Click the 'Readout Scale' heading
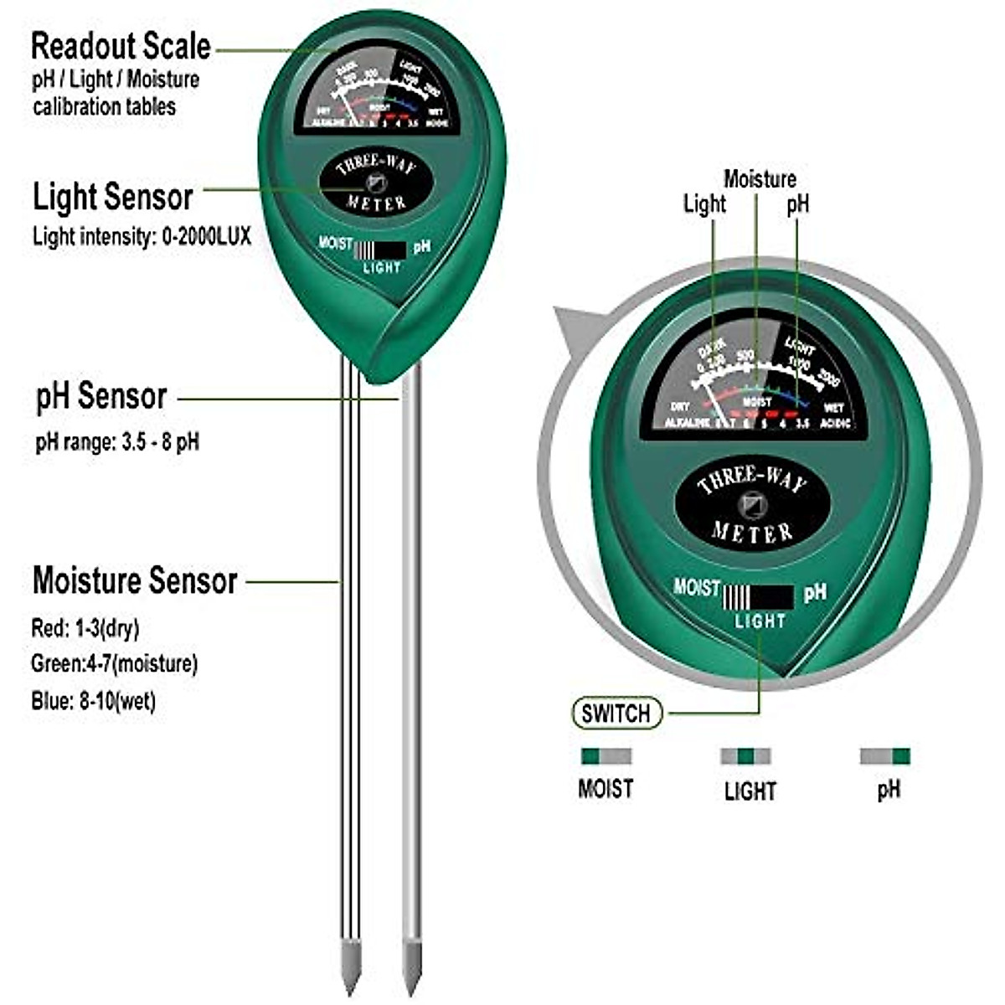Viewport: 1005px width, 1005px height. (121, 46)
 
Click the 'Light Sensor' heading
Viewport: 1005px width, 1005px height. (113, 198)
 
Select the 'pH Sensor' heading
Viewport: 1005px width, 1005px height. (101, 396)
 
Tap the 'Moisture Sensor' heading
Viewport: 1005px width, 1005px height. (135, 580)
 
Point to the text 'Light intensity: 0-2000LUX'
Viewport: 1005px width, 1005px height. (142, 236)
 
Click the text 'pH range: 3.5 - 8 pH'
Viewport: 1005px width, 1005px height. (117, 442)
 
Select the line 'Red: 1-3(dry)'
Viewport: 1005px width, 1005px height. (85, 628)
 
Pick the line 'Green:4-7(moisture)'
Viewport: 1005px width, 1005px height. (115, 664)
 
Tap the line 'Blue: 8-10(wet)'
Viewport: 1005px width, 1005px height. (94, 701)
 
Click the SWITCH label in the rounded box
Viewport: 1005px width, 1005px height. (616, 714)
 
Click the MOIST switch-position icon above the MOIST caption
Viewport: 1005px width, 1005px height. (606, 756)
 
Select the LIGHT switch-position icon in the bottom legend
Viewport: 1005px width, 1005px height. (745, 756)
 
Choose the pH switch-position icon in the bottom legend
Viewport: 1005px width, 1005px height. (885, 756)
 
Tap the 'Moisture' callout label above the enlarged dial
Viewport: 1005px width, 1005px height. (760, 178)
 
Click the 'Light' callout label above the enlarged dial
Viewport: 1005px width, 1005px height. (704, 204)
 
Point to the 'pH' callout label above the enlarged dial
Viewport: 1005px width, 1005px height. (798, 204)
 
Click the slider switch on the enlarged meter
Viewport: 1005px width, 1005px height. (758, 597)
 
